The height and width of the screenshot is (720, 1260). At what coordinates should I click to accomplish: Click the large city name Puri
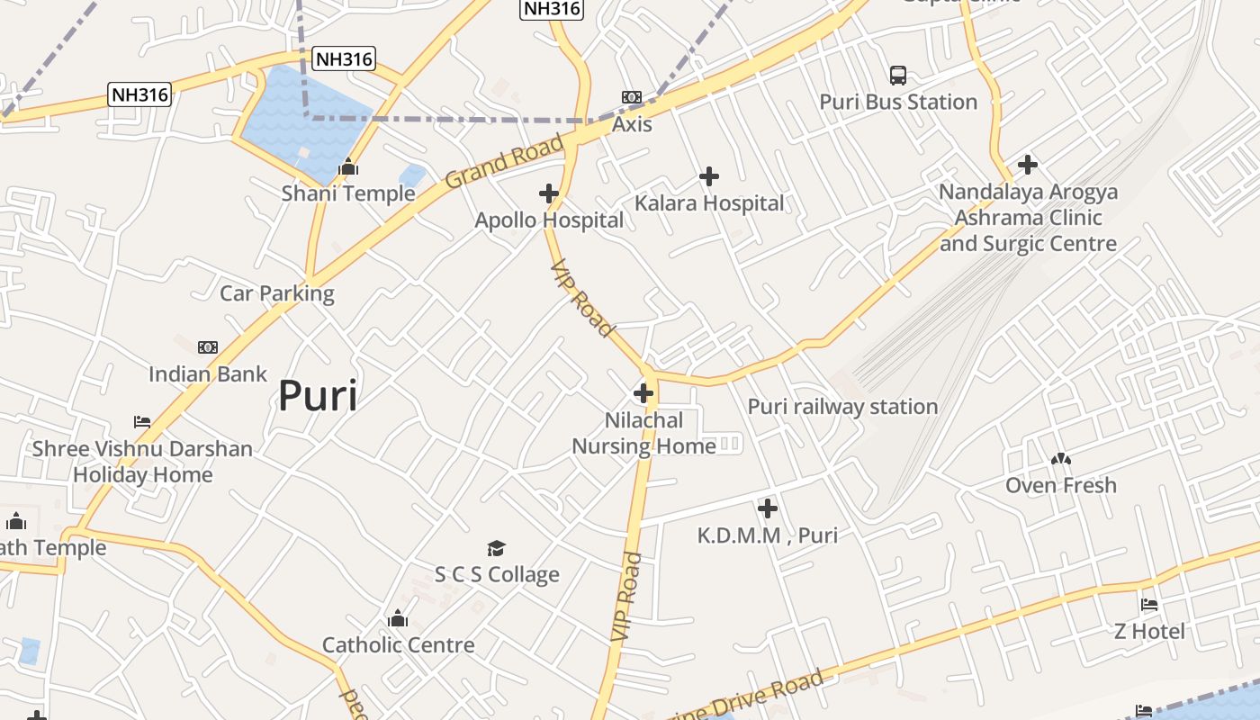tap(317, 395)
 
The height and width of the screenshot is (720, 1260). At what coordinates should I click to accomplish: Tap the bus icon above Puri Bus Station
tap(898, 75)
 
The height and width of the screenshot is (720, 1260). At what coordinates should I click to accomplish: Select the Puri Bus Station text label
tap(898, 102)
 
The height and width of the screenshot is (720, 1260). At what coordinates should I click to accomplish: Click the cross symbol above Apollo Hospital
tap(549, 193)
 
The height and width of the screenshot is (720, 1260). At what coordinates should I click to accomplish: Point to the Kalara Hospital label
tap(709, 203)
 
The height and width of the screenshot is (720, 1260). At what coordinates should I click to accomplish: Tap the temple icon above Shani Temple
tap(348, 167)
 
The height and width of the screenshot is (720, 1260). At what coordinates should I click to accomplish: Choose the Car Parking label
tap(277, 293)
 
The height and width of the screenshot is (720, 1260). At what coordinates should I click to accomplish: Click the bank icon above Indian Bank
tap(208, 347)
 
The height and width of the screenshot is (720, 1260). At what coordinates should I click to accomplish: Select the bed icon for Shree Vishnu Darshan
tap(142, 421)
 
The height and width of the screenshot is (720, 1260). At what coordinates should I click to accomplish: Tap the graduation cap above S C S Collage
tap(497, 548)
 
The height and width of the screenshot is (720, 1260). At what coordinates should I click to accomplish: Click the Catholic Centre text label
tap(398, 645)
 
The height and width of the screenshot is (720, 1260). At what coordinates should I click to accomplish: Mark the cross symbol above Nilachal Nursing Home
tap(643, 393)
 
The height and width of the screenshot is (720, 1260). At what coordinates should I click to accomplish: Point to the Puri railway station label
tap(842, 407)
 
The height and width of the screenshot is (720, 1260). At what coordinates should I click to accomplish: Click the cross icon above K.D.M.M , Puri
tap(767, 509)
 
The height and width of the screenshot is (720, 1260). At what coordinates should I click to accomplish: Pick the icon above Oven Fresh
tap(1061, 459)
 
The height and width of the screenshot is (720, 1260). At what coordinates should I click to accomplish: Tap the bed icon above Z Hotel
tap(1149, 605)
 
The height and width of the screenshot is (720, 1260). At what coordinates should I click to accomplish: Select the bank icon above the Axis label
tap(632, 97)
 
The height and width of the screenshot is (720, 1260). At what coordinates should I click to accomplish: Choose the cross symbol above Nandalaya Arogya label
tap(1028, 165)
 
